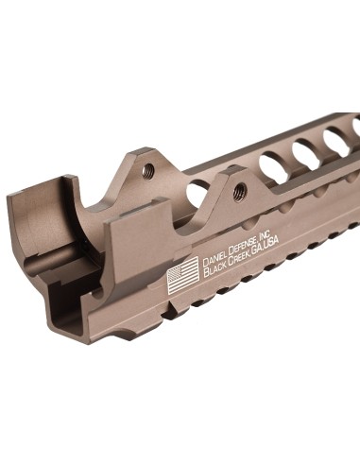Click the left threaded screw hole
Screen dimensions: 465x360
[x=147, y=170]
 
